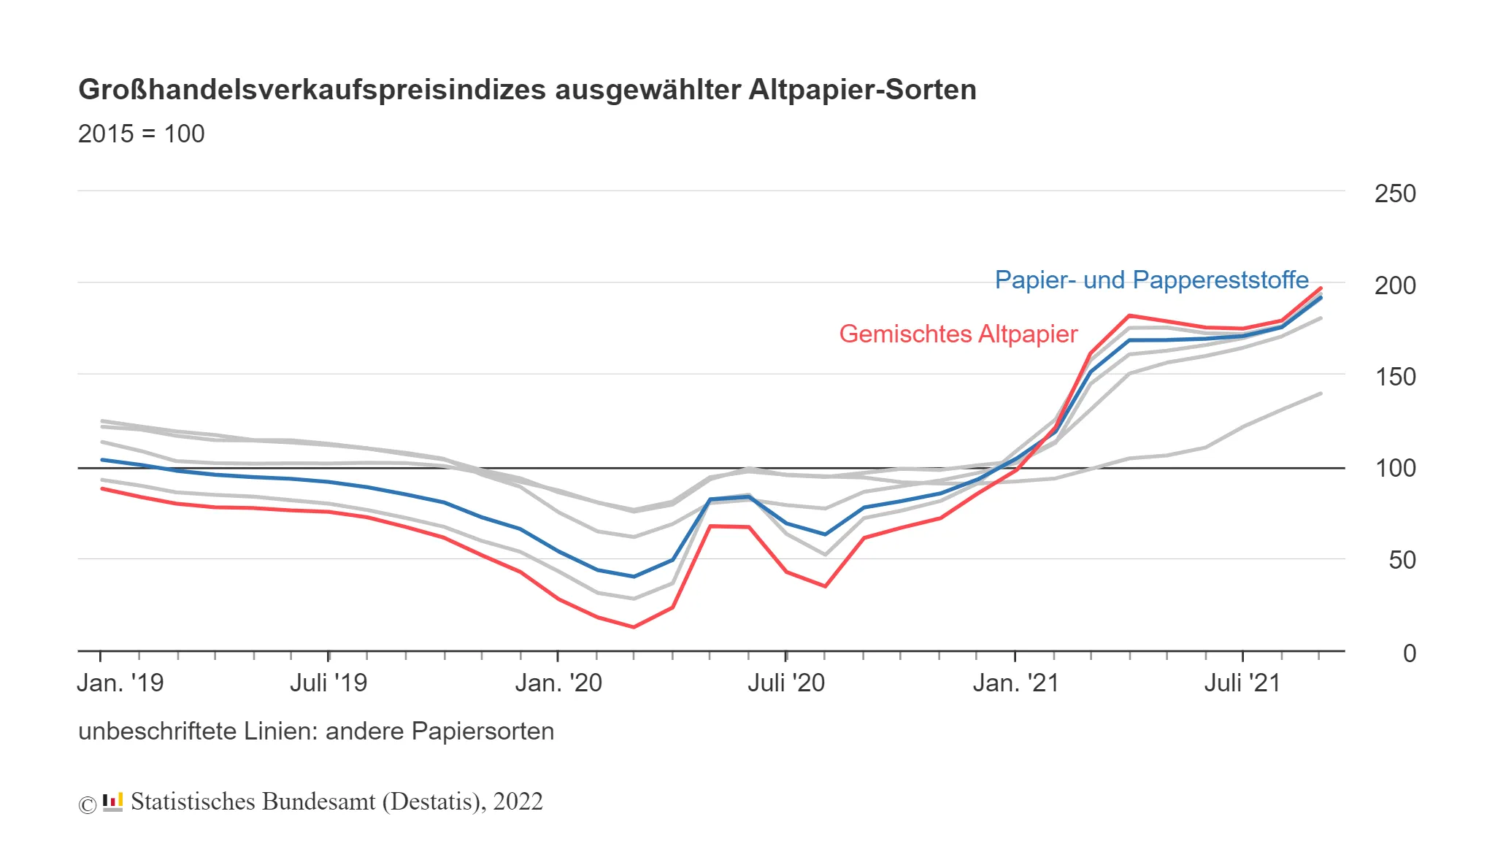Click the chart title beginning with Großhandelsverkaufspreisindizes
coord(527,90)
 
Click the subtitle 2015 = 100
coord(141,134)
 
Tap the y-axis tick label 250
coord(1394,193)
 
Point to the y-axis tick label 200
coord(1394,285)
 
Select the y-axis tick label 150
coord(1394,377)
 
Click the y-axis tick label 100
coord(1394,468)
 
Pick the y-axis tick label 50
coord(1402,560)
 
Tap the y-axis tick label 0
coord(1409,653)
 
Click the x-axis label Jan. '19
coord(120,683)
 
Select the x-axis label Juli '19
coord(328,683)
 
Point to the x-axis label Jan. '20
coord(558,683)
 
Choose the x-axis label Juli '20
coord(786,683)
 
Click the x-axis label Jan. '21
coord(1015,683)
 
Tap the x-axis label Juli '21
coord(1242,683)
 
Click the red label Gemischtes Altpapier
coord(958,334)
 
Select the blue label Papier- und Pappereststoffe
coord(1151,280)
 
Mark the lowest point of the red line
coord(634,626)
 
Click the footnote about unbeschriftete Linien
coord(316,731)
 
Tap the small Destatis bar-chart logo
coord(112,802)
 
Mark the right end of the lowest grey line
coord(1321,393)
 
